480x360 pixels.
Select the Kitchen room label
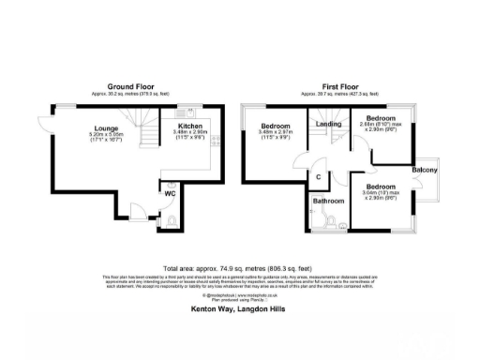click(191, 124)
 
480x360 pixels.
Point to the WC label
click(171, 194)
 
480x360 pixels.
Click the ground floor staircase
click(144, 127)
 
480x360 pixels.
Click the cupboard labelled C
click(319, 177)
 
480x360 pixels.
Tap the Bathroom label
click(328, 200)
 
